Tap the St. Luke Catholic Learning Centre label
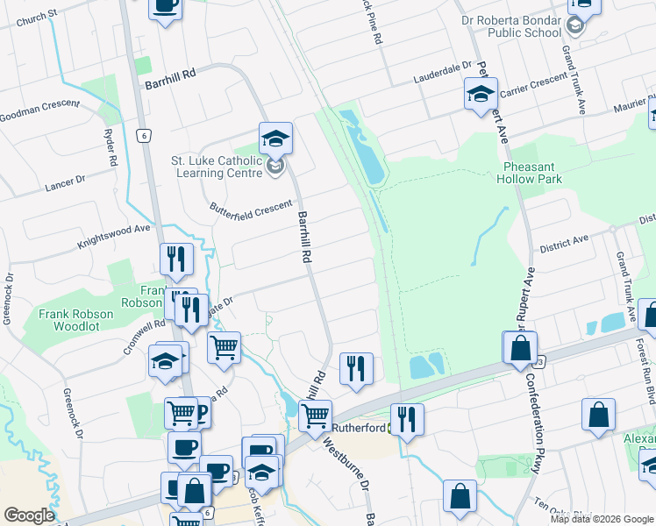[x=217, y=167]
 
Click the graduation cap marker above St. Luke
[x=275, y=138]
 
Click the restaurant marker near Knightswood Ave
[x=176, y=259]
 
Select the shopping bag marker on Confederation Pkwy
[x=520, y=347]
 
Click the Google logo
[x=29, y=515]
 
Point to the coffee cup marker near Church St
[x=165, y=6]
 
